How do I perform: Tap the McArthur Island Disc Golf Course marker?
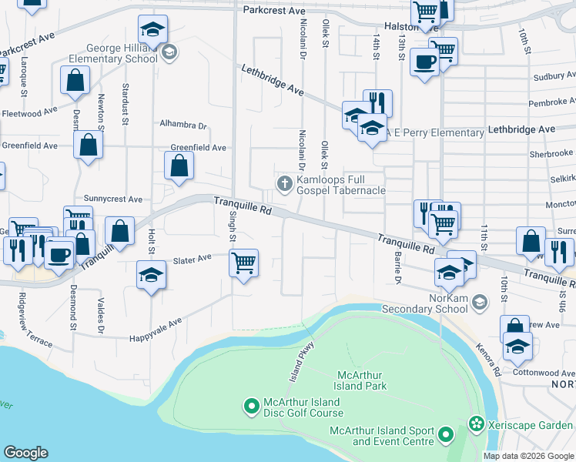coord(250,404)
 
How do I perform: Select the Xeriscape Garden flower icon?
coord(477,424)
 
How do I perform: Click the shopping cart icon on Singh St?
coord(244,263)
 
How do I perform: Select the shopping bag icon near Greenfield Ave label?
coord(179,166)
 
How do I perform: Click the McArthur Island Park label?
coord(360,380)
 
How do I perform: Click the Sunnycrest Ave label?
coord(113,199)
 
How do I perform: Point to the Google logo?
coord(25,453)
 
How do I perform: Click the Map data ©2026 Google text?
coord(528,456)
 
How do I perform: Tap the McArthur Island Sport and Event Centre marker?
coord(446,436)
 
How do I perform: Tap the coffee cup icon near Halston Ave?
coord(424,62)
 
